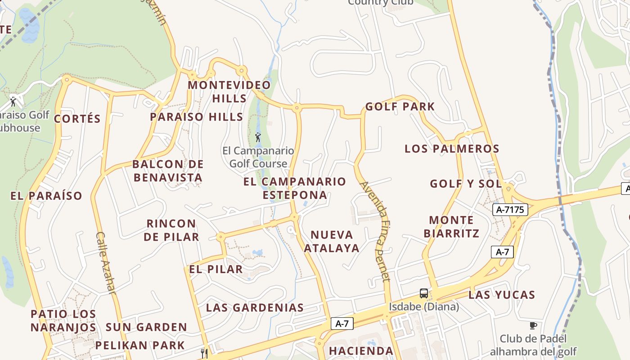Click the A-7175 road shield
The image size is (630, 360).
point(510,209)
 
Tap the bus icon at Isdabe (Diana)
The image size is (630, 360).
point(424,293)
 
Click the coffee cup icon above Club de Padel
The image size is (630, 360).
point(533,325)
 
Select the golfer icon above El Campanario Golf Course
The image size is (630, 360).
point(258,136)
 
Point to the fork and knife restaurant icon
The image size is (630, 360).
point(204,353)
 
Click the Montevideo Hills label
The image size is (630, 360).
point(229,91)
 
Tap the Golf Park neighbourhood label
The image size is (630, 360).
point(400,107)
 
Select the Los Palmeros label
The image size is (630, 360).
point(452,148)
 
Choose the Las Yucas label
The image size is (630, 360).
point(502,295)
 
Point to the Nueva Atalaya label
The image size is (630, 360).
point(332,241)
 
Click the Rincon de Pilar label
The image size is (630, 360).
point(171,230)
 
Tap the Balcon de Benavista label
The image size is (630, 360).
point(168,171)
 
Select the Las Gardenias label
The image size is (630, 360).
point(255,308)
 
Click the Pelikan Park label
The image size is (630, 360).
point(140,346)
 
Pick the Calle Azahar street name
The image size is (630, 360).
point(106,263)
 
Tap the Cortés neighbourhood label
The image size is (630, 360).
point(77,119)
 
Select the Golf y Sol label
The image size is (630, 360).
point(466,184)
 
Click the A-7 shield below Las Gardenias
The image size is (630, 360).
point(342,323)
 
